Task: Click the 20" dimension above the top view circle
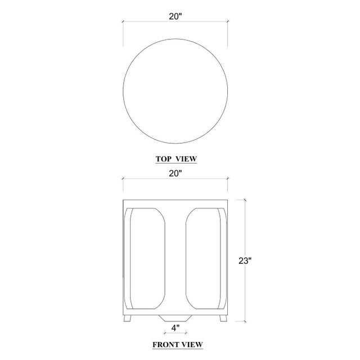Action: pyautogui.click(x=176, y=16)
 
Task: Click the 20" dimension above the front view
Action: pyautogui.click(x=176, y=174)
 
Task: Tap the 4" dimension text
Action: pyautogui.click(x=176, y=326)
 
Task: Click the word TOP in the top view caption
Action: pyautogui.click(x=163, y=159)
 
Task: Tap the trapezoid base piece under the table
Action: pyautogui.click(x=175, y=317)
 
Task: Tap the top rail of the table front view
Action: pyautogui.click(x=175, y=202)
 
